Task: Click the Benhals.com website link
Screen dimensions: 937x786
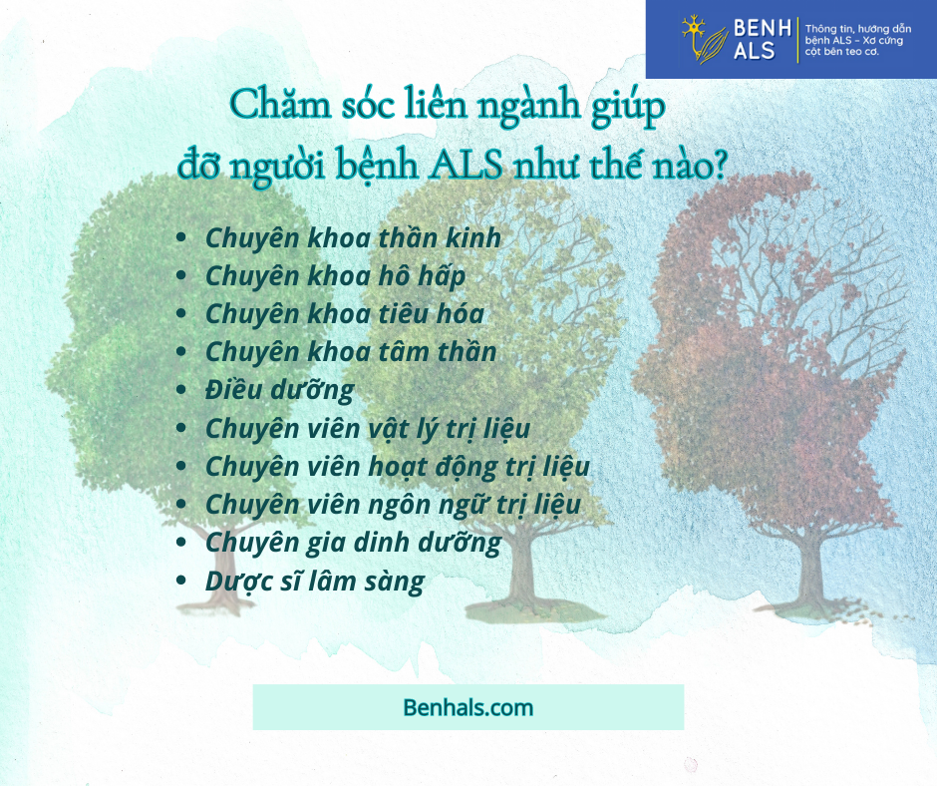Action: (x=468, y=707)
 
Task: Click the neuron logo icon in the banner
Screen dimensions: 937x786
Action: (x=704, y=40)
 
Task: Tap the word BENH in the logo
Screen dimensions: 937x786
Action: (x=762, y=28)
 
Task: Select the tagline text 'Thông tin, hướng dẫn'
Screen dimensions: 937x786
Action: (x=858, y=29)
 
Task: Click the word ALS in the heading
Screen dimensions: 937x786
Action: (x=467, y=165)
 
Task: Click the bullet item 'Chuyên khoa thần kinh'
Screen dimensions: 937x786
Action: (x=353, y=238)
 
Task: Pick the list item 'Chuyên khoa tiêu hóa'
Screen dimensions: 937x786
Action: (x=345, y=314)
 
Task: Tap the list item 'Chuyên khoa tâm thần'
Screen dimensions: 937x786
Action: (x=351, y=352)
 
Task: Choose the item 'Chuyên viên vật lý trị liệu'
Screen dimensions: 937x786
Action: (x=368, y=429)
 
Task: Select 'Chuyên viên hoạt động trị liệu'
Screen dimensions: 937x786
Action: (x=398, y=467)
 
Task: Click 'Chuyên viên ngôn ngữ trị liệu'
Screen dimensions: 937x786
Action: (x=393, y=505)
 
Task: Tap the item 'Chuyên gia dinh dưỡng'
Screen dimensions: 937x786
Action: (x=353, y=544)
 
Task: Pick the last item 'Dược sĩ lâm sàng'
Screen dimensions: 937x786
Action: (x=314, y=582)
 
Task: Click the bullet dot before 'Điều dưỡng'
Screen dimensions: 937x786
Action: (x=181, y=390)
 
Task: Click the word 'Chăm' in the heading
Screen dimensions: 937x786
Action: (x=280, y=105)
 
